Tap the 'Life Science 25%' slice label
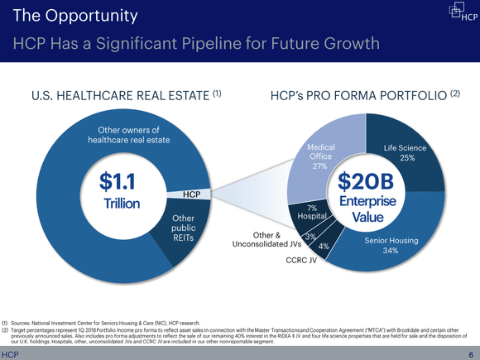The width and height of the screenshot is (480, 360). coord(406,152)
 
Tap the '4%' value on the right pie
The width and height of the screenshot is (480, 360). coord(324,247)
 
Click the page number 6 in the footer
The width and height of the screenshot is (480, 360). coord(469,353)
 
